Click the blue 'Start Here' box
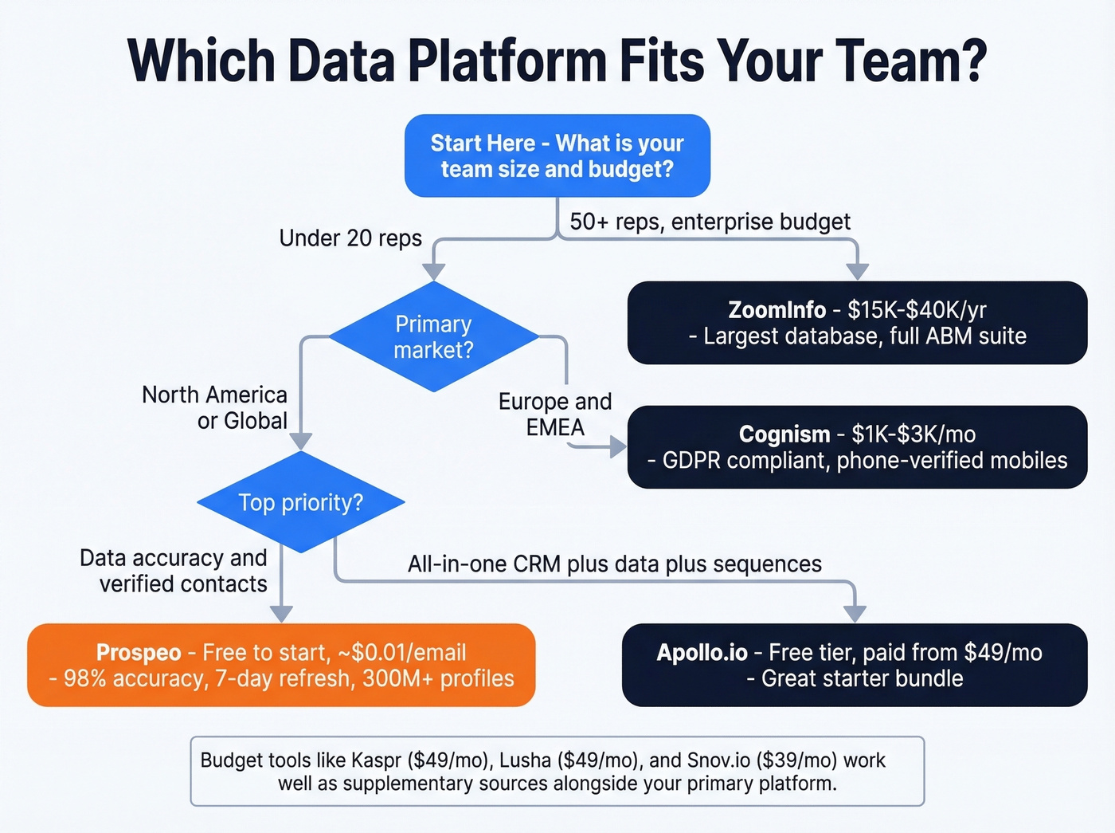pyautogui.click(x=557, y=155)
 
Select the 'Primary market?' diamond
pyautogui.click(x=433, y=336)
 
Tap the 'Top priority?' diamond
pyautogui.click(x=300, y=502)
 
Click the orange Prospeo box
pyautogui.click(x=281, y=665)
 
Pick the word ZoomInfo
pyautogui.click(x=777, y=309)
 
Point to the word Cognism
pyautogui.click(x=784, y=434)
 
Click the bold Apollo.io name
pyautogui.click(x=702, y=653)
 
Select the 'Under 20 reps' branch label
pyautogui.click(x=350, y=238)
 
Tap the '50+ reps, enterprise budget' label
pyautogui.click(x=710, y=222)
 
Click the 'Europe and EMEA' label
pyautogui.click(x=555, y=415)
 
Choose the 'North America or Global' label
pyautogui.click(x=215, y=407)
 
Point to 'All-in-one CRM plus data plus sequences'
pyautogui.click(x=614, y=564)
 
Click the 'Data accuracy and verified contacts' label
pyautogui.click(x=174, y=571)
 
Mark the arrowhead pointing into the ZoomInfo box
pyautogui.click(x=857, y=271)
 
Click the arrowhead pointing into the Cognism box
pyautogui.click(x=618, y=446)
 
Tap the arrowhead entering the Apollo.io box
pyautogui.click(x=855, y=613)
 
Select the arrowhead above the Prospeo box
pyautogui.click(x=281, y=613)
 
